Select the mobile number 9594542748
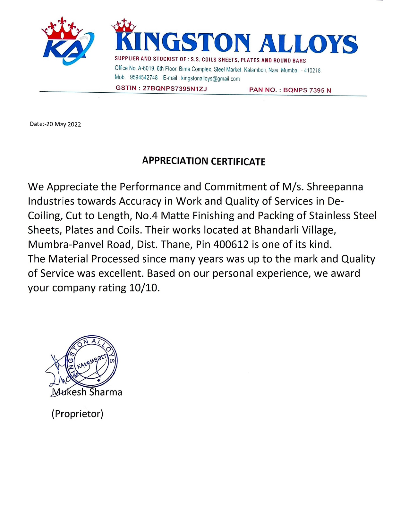tap(144, 78)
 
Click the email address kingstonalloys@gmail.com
tap(210, 79)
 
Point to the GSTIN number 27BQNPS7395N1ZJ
tap(175, 88)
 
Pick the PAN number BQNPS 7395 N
tap(307, 90)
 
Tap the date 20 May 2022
tap(64, 124)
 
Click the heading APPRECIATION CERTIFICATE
tap(204, 161)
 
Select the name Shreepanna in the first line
tap(335, 187)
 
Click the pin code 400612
tap(231, 244)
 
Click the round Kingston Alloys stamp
tap(91, 361)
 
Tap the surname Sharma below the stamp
tap(106, 392)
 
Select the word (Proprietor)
tap(77, 414)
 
